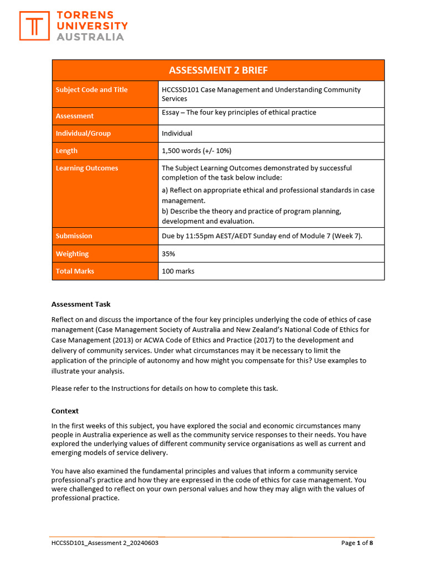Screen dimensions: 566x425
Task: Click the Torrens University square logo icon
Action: tap(34, 26)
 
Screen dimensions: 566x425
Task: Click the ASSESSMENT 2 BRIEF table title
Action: tap(218, 70)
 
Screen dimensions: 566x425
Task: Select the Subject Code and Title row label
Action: tap(92, 90)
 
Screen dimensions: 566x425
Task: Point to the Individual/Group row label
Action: tap(83, 133)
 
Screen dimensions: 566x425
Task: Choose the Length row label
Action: tap(66, 151)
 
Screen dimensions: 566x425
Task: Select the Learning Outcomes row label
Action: tap(87, 168)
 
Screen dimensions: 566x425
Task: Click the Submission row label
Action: tap(74, 236)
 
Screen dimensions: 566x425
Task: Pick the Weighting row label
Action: tap(72, 254)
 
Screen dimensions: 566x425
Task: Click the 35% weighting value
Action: tap(168, 254)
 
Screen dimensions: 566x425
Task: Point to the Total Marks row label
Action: tap(75, 271)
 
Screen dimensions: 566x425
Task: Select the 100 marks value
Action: tap(178, 271)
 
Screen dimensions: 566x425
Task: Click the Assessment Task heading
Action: tap(81, 304)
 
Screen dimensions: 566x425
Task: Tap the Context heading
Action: tap(65, 411)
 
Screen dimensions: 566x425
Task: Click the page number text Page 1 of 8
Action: tap(357, 543)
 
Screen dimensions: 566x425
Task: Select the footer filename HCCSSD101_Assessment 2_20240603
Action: tap(105, 543)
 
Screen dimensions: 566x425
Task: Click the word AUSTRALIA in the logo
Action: tap(91, 37)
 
